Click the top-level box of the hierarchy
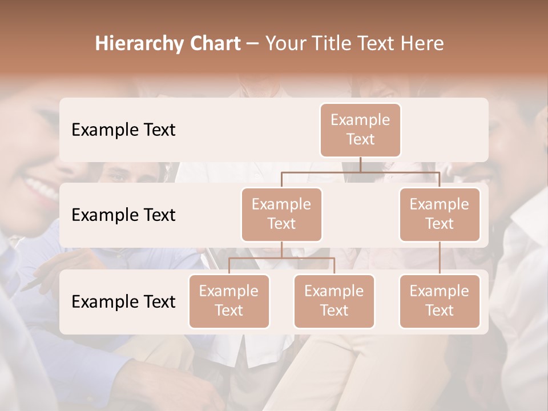[360, 130]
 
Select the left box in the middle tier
[281, 214]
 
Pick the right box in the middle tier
[440, 214]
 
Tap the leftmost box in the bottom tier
[229, 301]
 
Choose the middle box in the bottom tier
[334, 301]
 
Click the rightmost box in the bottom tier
[440, 301]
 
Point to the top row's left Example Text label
[123, 130]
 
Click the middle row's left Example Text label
[123, 215]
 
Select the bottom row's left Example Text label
[123, 301]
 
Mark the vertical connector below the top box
[360, 164]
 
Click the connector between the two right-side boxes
[440, 258]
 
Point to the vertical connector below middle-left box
[281, 249]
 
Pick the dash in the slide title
[252, 44]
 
